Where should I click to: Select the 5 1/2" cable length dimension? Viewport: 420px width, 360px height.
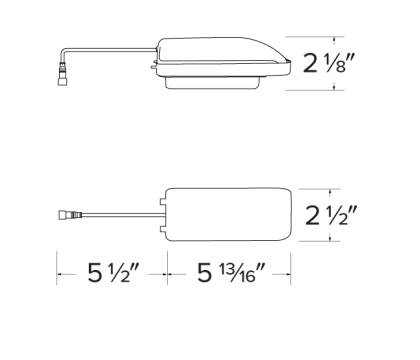[x=111, y=273]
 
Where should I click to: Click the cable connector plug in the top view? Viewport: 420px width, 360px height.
[x=69, y=213]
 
